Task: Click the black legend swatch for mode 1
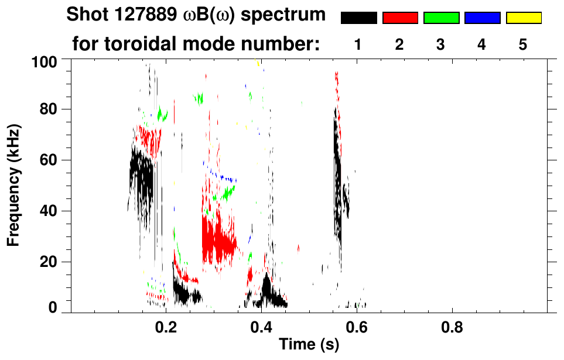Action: pos(358,18)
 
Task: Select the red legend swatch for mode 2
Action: pos(400,18)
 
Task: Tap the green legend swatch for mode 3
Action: pos(441,18)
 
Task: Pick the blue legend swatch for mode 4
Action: pos(482,18)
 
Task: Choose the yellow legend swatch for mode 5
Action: pos(523,18)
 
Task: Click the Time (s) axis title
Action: pos(309,345)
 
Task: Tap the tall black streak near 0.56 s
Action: pos(337,176)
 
